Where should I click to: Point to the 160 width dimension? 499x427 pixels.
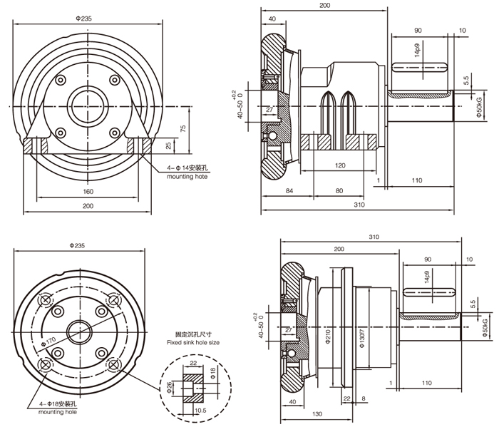tap(88, 192)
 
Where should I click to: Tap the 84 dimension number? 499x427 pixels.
tap(289, 191)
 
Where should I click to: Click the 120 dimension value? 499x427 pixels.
tap(339, 165)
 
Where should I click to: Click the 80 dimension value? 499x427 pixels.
tap(339, 191)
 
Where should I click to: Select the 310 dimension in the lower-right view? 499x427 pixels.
tap(375, 236)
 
